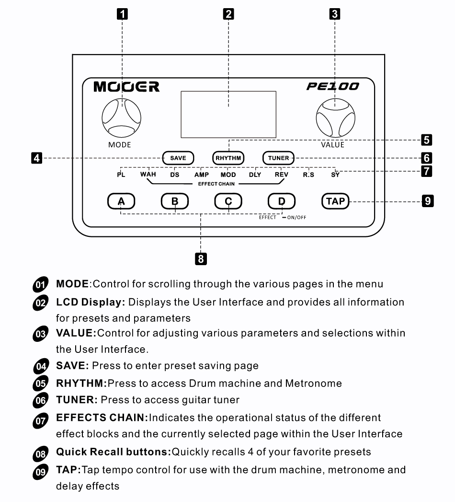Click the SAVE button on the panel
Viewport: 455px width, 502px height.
(178, 158)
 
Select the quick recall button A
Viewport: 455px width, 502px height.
(122, 201)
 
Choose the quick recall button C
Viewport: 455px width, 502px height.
(228, 201)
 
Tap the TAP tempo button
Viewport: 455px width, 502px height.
(335, 201)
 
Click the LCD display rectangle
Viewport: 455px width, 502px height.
(228, 114)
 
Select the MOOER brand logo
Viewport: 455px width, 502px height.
(126, 87)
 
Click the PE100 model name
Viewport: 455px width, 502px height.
(332, 87)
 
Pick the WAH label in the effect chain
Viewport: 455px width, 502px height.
(148, 175)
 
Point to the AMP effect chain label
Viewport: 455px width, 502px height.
(201, 175)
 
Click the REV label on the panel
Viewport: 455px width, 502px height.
(282, 175)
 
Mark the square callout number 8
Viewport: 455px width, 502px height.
(201, 259)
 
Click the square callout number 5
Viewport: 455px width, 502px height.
(426, 140)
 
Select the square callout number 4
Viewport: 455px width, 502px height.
(35, 158)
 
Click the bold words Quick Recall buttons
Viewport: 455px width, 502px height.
(113, 452)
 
